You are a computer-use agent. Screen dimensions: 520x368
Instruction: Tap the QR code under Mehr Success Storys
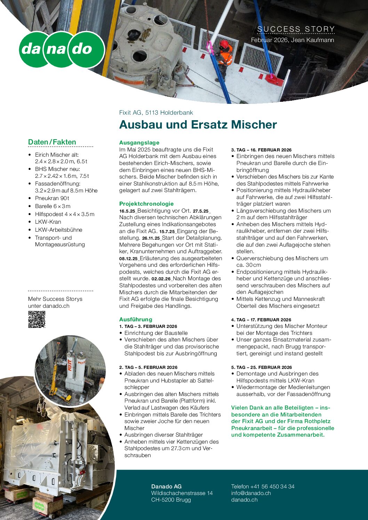37,319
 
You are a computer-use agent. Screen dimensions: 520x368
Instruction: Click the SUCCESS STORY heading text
296,29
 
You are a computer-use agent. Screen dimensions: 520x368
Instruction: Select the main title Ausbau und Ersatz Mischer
198,124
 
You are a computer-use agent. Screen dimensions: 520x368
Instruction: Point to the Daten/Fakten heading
52,142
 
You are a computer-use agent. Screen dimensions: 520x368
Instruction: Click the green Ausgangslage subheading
139,142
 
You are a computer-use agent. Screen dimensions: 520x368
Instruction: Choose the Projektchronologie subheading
146,204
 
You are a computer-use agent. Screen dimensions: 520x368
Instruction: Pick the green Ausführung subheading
136,319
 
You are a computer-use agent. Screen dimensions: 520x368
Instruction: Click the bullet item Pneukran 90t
52,198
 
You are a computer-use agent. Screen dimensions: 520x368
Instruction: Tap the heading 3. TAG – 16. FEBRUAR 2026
261,150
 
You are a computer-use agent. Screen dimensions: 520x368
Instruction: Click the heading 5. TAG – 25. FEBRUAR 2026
261,367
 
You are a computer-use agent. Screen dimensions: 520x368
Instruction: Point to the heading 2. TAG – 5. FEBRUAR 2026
148,367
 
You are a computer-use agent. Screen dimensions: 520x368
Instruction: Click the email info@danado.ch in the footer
251,493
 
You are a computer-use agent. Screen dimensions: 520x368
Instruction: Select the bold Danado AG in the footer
166,486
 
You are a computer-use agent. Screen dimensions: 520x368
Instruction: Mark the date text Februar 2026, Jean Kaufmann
293,40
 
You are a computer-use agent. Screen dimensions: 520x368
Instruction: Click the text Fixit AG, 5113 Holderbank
156,113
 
